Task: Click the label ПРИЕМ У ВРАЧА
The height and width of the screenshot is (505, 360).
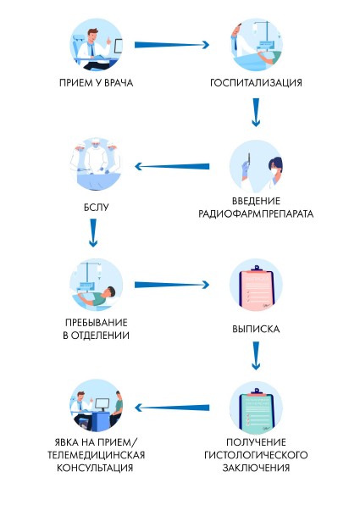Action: click(x=97, y=83)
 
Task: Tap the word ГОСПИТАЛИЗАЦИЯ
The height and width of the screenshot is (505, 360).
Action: click(x=256, y=83)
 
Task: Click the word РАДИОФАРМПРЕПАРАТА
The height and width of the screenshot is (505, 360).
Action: click(x=256, y=214)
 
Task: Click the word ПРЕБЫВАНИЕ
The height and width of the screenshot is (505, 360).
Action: click(x=97, y=322)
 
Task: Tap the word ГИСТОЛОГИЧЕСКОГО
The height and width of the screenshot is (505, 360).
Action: click(x=256, y=455)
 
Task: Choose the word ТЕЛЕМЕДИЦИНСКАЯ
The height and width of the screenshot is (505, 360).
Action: click(x=97, y=455)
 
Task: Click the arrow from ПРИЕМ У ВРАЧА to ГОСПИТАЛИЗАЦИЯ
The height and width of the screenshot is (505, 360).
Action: click(x=172, y=43)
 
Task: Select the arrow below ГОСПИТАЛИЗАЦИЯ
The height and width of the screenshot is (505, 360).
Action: click(x=256, y=112)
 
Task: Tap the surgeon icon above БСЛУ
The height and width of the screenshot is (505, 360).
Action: click(x=97, y=165)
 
